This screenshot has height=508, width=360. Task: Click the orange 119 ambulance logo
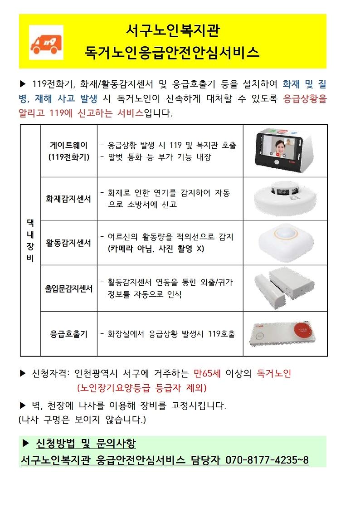[x=46, y=42]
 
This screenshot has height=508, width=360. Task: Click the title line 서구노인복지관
[x=172, y=32]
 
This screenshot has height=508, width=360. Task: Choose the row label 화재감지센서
[x=69, y=199]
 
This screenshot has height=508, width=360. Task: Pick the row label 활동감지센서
[x=69, y=243]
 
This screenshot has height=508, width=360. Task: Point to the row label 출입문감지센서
[x=69, y=288]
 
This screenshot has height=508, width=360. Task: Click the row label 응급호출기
[x=69, y=334]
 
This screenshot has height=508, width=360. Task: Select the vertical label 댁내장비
[x=30, y=240]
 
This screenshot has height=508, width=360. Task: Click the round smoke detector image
[x=284, y=199]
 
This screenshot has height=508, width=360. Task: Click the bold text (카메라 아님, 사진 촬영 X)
[x=153, y=249]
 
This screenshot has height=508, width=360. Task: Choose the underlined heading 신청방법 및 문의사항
[x=85, y=443]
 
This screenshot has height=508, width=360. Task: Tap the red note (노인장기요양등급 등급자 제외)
[x=142, y=388]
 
